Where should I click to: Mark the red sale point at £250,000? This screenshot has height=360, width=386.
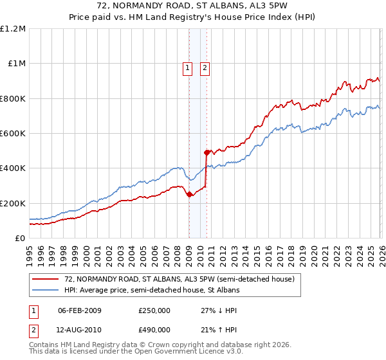(189, 195)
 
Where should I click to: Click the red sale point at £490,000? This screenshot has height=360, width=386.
(207, 153)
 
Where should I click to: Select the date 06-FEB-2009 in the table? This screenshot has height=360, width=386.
(79, 310)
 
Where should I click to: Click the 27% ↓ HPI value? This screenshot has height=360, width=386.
(219, 310)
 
